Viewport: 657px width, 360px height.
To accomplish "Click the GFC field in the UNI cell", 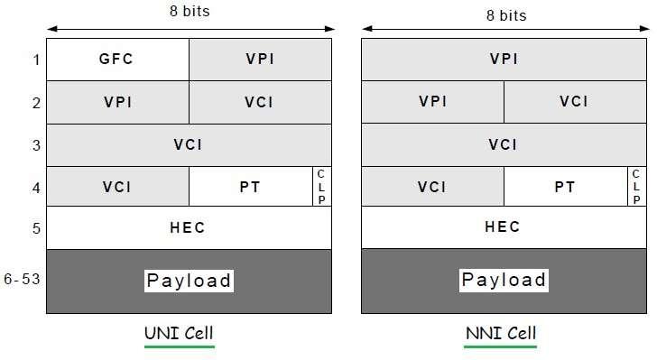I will pos(117,60).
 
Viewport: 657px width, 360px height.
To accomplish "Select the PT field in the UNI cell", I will pos(250,187).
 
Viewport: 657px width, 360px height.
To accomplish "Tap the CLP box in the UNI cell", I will pos(322,187).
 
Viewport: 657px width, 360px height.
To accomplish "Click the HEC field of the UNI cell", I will pos(188,227).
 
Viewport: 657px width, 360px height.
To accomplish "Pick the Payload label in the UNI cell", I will pos(190,281).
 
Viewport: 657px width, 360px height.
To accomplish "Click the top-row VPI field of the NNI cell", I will pos(503,60).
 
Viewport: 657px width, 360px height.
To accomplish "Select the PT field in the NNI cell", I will pos(565,187).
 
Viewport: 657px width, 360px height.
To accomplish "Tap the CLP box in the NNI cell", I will pos(636,187).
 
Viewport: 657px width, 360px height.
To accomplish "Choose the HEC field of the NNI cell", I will pos(503,227).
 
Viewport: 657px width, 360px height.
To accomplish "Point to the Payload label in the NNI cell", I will pos(504,281).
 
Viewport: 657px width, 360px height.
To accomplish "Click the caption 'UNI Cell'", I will pos(180,334).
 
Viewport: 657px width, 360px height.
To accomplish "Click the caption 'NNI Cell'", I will pos(500,334).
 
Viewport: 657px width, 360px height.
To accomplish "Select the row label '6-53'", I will pos(22,281).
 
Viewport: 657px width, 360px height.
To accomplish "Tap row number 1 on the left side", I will pos(36,60).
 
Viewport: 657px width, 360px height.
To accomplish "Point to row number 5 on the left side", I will pos(36,228).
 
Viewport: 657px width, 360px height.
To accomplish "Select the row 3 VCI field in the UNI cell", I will pos(188,144).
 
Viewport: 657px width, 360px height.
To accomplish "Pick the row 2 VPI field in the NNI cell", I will pos(432,102).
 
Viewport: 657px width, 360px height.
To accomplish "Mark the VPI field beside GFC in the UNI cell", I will pos(261,60).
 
